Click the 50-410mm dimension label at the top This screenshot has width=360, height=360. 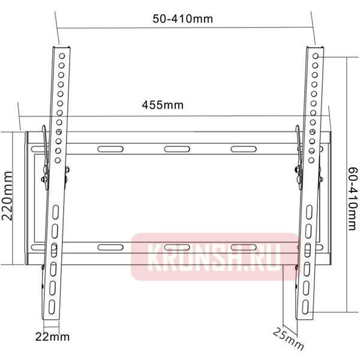tap(182, 19)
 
